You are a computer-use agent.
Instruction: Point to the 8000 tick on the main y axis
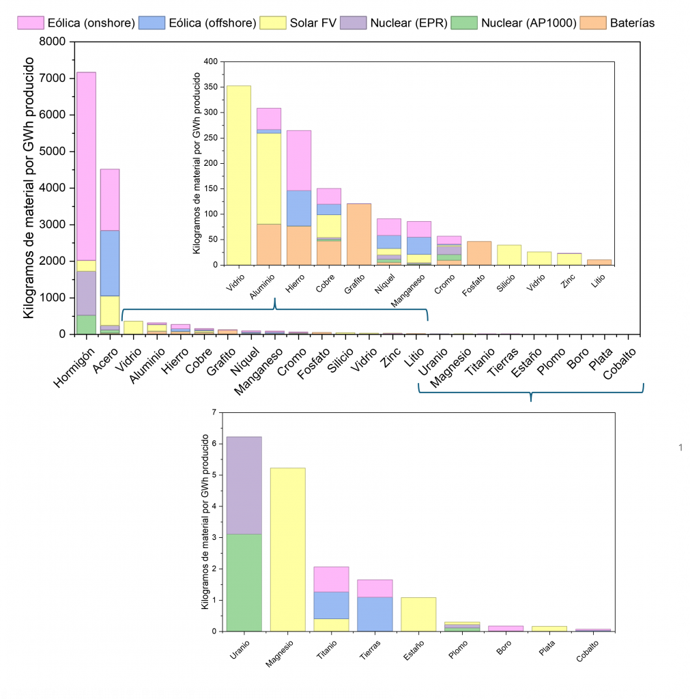(58, 42)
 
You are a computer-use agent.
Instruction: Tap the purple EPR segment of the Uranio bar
(244, 485)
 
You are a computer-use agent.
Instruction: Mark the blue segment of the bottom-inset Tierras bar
(375, 614)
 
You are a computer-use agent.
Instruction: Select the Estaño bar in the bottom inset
(418, 614)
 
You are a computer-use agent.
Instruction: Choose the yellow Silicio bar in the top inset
(509, 255)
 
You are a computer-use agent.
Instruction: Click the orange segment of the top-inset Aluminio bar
(268, 244)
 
